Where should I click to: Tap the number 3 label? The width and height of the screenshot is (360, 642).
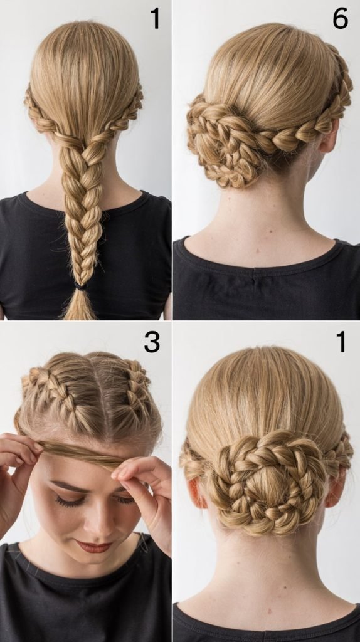pos(152,342)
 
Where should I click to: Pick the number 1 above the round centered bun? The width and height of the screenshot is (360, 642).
pos(341,342)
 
